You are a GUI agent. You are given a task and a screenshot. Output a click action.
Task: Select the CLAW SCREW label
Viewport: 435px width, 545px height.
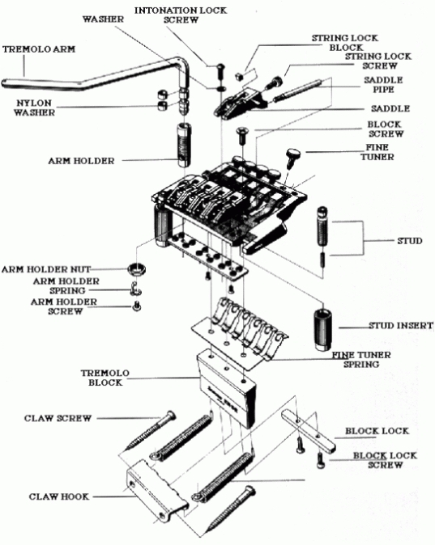click(x=54, y=418)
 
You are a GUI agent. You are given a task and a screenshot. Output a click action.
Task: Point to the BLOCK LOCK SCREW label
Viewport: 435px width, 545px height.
click(x=384, y=460)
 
